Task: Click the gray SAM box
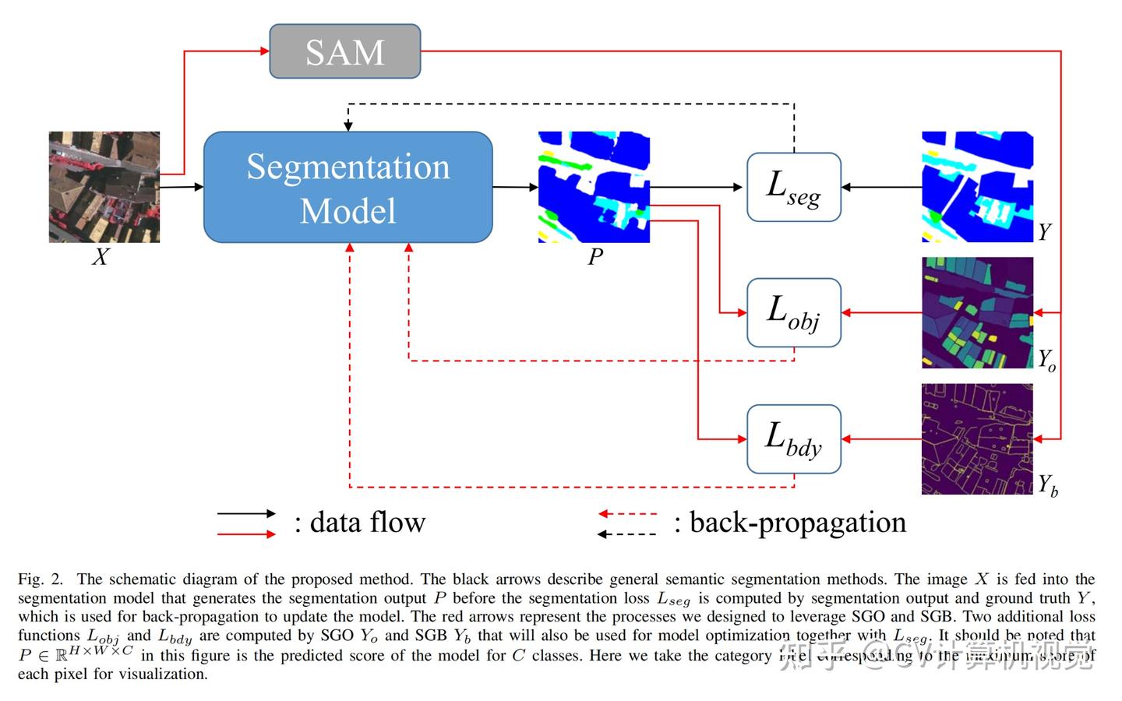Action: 344,51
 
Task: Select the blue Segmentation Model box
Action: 348,187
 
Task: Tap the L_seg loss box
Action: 793,187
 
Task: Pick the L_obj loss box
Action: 793,312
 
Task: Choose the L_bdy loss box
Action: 793,439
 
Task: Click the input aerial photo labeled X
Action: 104,186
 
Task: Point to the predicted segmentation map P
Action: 594,187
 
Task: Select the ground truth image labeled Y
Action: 977,187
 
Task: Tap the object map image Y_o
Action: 977,312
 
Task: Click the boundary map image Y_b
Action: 977,439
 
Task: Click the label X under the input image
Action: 101,257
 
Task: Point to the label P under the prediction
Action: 595,257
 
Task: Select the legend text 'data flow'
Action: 367,523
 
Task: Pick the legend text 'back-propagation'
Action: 797,523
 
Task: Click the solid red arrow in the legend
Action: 246,534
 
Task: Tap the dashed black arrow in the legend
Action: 627,534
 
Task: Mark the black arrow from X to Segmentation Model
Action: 181,187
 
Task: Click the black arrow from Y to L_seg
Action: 881,187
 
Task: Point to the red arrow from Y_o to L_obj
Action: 881,312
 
